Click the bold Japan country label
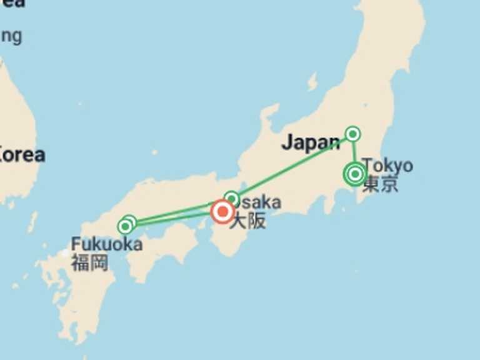click(x=310, y=142)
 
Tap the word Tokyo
click(x=387, y=166)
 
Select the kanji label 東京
click(x=380, y=184)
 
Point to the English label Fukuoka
click(x=106, y=244)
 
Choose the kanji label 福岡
click(x=89, y=262)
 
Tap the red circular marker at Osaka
click(x=222, y=212)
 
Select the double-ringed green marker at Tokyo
click(x=354, y=174)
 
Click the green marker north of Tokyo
click(x=353, y=134)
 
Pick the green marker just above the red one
click(x=232, y=199)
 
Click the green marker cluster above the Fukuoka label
click(x=127, y=224)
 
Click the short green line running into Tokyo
click(x=354, y=153)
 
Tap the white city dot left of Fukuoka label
click(x=64, y=252)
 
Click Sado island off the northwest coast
click(x=312, y=81)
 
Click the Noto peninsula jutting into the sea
click(x=269, y=116)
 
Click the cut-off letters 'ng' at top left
click(x=11, y=36)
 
